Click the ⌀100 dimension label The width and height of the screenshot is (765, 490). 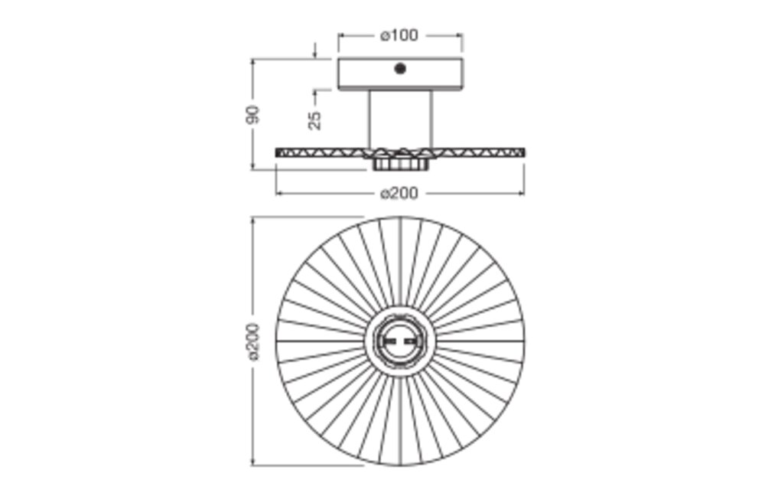click(399, 36)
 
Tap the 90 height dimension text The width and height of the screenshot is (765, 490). click(253, 115)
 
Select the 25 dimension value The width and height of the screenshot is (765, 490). click(315, 120)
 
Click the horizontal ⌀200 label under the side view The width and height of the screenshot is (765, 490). click(399, 193)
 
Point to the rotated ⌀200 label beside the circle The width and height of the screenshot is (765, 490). click(254, 341)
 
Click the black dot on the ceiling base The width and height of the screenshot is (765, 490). click(400, 69)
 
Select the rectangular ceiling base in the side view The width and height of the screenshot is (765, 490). click(400, 74)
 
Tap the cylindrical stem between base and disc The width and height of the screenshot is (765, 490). click(400, 119)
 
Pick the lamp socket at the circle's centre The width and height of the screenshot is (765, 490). click(400, 341)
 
